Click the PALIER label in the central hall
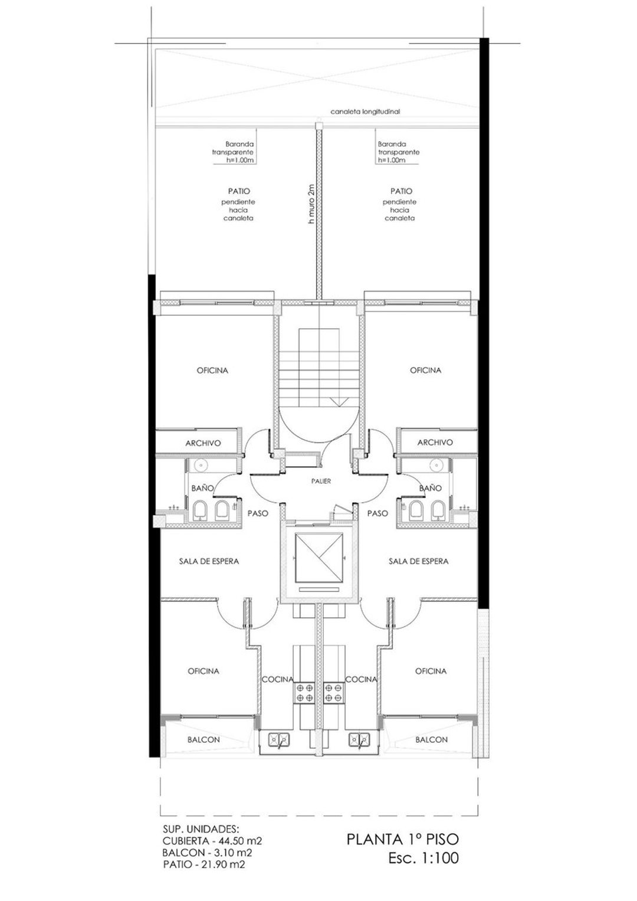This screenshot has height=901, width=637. (x=321, y=481)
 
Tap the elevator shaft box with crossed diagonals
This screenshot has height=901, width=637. (x=320, y=558)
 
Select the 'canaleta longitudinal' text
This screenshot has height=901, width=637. (x=365, y=112)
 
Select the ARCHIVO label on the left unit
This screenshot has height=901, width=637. (x=203, y=443)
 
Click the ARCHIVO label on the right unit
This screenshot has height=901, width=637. (x=435, y=443)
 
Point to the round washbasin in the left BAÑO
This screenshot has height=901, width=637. (x=201, y=466)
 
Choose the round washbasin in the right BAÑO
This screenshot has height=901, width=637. (x=436, y=466)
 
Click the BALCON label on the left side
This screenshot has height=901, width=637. (x=203, y=740)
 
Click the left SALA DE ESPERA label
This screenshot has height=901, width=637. (x=209, y=561)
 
